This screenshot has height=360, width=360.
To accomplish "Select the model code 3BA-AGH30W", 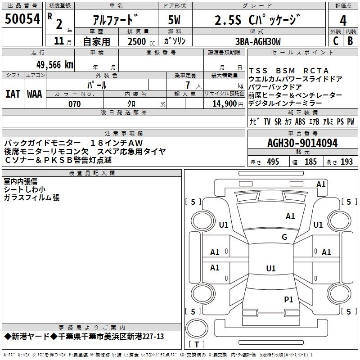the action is tap(257, 41).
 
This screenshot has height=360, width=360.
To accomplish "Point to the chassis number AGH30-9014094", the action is tap(302, 143).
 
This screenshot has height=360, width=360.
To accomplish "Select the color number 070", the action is tap(74, 104).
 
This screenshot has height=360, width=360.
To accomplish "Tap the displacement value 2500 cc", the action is tap(137, 41).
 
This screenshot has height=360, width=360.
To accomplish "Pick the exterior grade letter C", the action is tap(335, 41).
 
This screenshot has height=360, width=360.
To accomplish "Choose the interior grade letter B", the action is tap(350, 41).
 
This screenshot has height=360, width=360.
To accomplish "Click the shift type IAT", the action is tap(13, 94).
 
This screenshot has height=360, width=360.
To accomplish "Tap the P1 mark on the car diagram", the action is tap(288, 299).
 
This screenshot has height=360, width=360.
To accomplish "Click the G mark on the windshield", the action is tap(284, 237).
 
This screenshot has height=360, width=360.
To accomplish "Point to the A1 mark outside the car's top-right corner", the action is tap(321, 184).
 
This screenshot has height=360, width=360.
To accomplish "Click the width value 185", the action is tap(310, 162).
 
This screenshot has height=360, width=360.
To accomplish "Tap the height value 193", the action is tap(346, 162).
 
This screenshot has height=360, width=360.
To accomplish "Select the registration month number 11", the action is tap(58, 41).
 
